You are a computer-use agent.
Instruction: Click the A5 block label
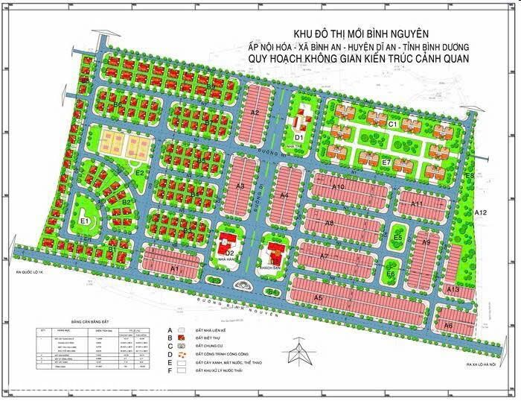point(318,297)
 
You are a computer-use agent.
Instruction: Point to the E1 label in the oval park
point(85,221)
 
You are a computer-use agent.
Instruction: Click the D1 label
point(298,138)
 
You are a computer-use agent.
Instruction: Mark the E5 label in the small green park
point(398,238)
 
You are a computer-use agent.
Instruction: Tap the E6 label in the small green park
point(390,274)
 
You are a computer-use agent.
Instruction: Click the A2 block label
point(254,113)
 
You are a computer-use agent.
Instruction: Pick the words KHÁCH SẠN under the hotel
point(269,267)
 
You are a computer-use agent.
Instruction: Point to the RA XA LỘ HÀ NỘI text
point(482,365)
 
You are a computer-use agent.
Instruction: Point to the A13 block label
point(453,289)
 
